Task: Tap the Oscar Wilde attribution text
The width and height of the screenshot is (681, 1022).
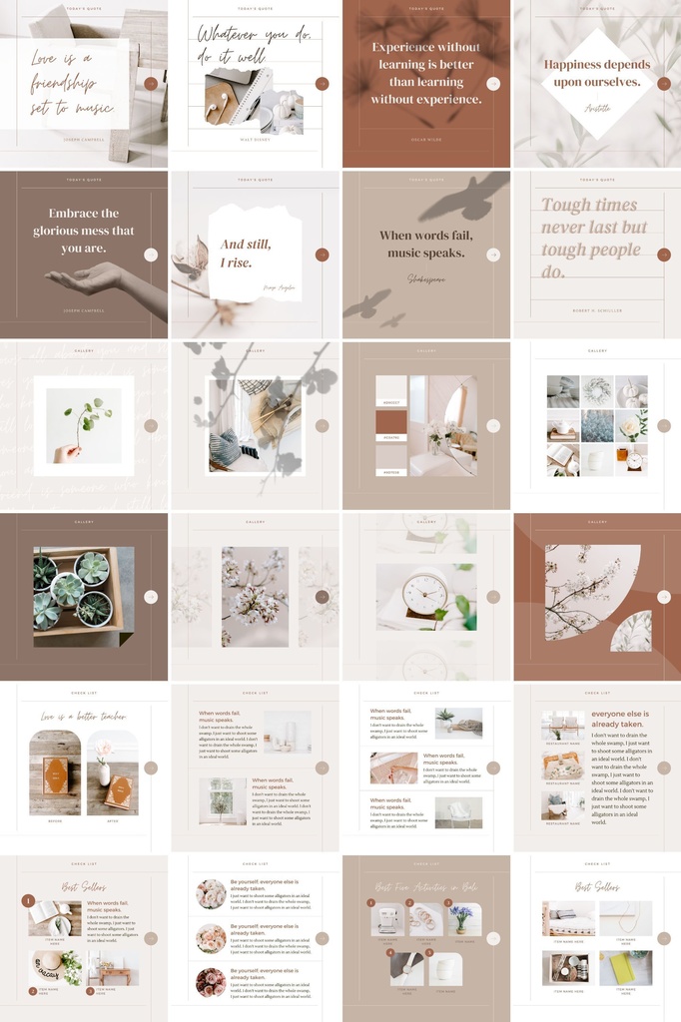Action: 425,140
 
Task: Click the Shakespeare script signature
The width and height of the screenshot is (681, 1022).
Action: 426,279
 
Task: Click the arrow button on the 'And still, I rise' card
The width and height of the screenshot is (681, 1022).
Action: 322,255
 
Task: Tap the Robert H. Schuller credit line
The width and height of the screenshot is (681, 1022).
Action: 596,310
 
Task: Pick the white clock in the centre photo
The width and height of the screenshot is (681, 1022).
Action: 423,594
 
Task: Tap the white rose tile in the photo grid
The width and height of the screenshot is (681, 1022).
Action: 630,426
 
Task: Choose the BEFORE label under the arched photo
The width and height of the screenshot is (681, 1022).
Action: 54,821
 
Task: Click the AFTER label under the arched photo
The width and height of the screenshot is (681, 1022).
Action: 112,821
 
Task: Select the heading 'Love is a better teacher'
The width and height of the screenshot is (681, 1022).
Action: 84,716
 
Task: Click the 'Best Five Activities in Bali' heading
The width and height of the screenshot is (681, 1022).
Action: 425,886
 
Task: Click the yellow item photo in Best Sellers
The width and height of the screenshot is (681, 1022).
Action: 625,967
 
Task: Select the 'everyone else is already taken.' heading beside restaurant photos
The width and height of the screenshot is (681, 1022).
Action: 619,719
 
